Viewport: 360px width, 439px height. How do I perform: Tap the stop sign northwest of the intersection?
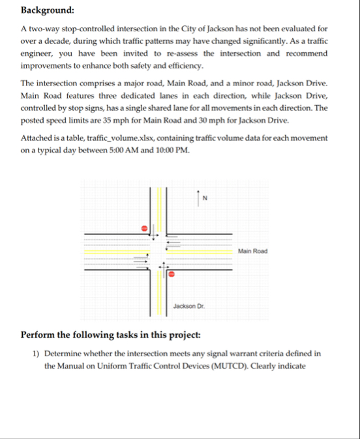tap(146, 228)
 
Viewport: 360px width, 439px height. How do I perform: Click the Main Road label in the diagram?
tap(253, 250)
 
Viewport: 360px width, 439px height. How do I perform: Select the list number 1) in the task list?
tap(37, 354)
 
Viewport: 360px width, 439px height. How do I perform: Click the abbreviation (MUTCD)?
tap(226, 365)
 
